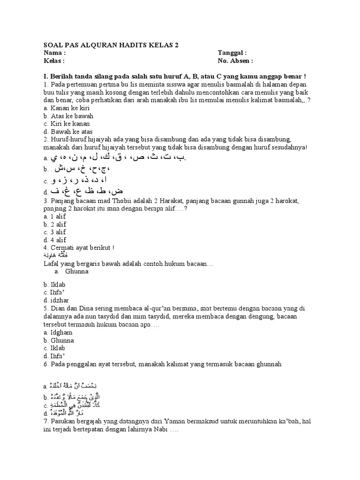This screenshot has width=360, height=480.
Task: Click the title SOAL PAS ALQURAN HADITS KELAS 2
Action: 111,45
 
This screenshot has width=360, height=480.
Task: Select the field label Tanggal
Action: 232,53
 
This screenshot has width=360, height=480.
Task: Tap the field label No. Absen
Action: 235,61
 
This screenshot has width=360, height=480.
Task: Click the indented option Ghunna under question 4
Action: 77,271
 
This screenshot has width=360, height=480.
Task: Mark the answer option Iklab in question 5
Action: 54,348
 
